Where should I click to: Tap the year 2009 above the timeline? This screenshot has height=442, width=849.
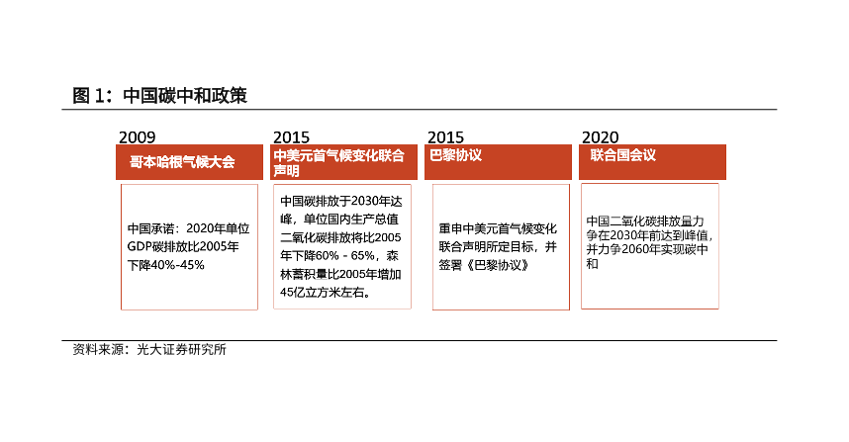click(x=137, y=136)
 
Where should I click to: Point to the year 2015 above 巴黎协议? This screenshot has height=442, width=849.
click(x=445, y=136)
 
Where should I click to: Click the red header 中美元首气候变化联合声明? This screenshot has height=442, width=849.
click(x=338, y=162)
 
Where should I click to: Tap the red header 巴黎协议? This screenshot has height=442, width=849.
click(x=456, y=155)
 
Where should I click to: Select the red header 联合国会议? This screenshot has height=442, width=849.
click(x=623, y=155)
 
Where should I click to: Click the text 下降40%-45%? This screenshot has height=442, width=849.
click(x=165, y=265)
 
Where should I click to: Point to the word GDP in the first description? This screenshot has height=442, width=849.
click(x=141, y=246)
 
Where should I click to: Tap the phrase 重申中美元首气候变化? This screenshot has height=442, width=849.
click(x=499, y=228)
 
